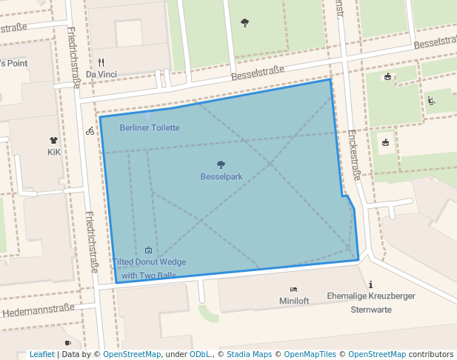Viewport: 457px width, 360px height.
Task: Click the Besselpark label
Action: (x=221, y=177)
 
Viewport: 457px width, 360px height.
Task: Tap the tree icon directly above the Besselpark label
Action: (x=221, y=164)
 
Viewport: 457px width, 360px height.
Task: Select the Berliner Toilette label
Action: (x=150, y=127)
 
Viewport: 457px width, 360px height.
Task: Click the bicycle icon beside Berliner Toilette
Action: (x=90, y=131)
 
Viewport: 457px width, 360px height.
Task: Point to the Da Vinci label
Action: (x=101, y=74)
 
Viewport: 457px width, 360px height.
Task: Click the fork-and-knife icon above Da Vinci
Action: (x=101, y=62)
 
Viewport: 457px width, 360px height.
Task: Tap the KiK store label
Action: (x=53, y=152)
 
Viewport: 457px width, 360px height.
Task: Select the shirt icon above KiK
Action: (x=53, y=140)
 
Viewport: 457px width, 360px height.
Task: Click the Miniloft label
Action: (x=294, y=301)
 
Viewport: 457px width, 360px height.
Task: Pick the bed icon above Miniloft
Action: (x=294, y=290)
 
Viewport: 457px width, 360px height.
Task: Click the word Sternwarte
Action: (x=371, y=309)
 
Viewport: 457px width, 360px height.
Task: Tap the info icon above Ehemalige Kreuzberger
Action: (x=370, y=284)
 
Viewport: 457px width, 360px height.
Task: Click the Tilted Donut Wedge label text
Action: (x=150, y=262)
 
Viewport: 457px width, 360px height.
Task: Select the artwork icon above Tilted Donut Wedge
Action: (x=149, y=250)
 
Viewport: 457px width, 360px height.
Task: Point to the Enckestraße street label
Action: (x=354, y=155)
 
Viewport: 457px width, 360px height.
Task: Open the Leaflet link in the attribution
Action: (x=42, y=354)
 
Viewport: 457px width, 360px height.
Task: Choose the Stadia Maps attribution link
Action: (x=252, y=354)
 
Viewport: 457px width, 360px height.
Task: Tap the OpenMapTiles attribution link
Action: (x=312, y=354)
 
